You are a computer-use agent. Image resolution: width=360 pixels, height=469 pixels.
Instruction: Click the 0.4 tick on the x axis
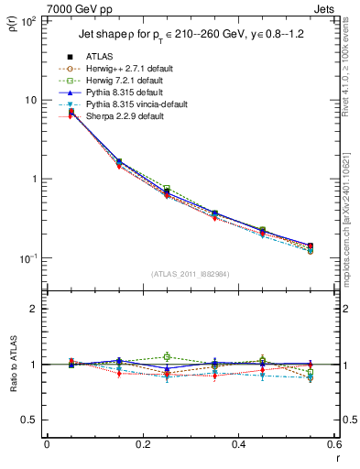point(238,445)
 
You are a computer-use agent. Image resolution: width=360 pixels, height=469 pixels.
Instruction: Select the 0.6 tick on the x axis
point(333,445)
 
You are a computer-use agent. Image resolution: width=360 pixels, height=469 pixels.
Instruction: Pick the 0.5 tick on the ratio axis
point(32,420)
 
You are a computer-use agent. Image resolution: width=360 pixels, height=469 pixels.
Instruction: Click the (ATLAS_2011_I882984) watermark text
point(191,275)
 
